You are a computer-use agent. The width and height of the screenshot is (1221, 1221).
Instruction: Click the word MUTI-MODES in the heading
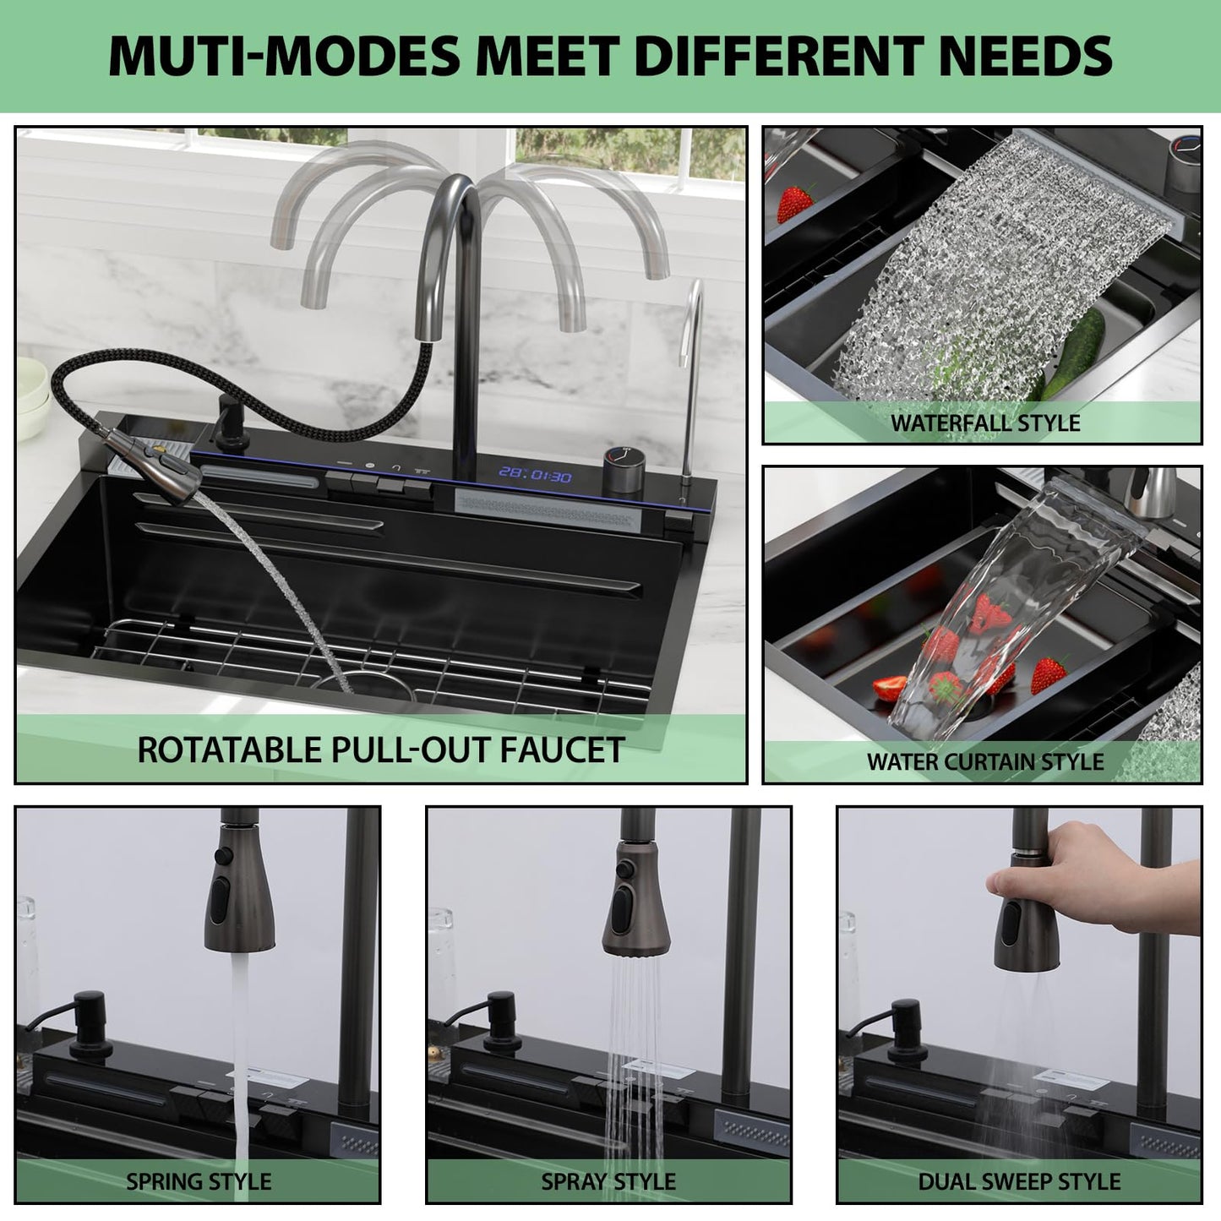(x=285, y=57)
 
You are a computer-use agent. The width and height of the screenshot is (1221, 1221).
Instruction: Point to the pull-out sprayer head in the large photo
(x=153, y=457)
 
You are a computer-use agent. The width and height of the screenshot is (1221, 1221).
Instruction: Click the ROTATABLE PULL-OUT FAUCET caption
(x=381, y=750)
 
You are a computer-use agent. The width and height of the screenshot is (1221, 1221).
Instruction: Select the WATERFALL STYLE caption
(x=984, y=423)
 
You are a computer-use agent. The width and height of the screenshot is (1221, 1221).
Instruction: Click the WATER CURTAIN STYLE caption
(x=984, y=761)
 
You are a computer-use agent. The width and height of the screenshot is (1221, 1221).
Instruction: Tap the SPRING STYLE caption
(x=199, y=1182)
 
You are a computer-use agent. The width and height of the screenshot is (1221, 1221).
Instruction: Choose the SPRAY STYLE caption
(x=608, y=1182)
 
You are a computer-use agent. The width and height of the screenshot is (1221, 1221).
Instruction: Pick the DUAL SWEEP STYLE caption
(x=1019, y=1182)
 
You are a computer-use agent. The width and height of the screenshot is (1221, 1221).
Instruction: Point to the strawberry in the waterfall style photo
(x=794, y=204)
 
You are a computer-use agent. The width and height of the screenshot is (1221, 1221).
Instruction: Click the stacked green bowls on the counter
(x=31, y=398)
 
